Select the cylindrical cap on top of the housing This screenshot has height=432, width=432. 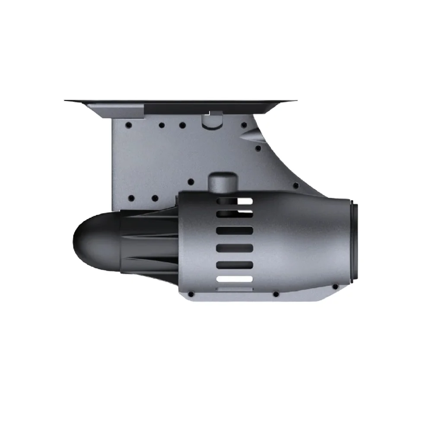tap(222, 181)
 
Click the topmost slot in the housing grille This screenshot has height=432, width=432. tap(234, 201)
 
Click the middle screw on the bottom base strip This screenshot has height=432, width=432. tap(275, 294)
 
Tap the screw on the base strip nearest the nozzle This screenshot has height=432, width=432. tap(335, 286)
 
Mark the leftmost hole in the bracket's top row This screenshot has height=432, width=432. tap(128, 125)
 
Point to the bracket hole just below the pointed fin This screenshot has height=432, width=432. tap(258, 148)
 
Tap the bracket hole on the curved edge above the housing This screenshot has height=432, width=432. tap(295, 186)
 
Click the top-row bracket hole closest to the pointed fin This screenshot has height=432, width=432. tap(244, 125)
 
